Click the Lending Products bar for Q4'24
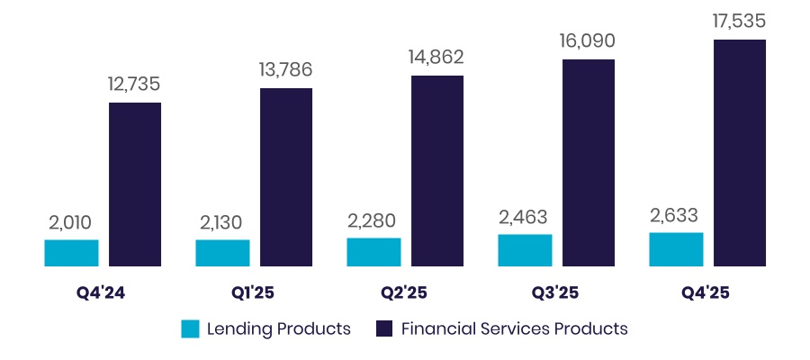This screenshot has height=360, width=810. pyautogui.click(x=71, y=253)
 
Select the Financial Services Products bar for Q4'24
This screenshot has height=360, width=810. pyautogui.click(x=135, y=184)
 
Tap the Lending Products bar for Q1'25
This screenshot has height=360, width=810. pyautogui.click(x=222, y=253)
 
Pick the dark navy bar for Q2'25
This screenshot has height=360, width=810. pyautogui.click(x=437, y=171)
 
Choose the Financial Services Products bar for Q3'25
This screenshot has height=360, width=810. pyautogui.click(x=589, y=163)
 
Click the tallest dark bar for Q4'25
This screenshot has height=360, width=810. pyautogui.click(x=740, y=153)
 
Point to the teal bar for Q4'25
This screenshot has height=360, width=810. pyautogui.click(x=676, y=249)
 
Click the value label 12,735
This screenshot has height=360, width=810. pyautogui.click(x=134, y=85)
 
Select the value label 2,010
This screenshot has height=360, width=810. pyautogui.click(x=70, y=222)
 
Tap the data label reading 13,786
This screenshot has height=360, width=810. pyautogui.click(x=285, y=71)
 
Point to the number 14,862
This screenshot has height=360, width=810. pyautogui.click(x=436, y=58)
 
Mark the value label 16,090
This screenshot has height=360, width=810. pyautogui.click(x=588, y=42)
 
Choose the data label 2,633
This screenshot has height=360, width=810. pyautogui.click(x=675, y=215)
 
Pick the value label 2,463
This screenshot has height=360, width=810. pyautogui.click(x=524, y=217)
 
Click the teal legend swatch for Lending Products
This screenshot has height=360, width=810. pyautogui.click(x=190, y=328)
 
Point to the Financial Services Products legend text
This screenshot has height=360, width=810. pyautogui.click(x=514, y=328)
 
